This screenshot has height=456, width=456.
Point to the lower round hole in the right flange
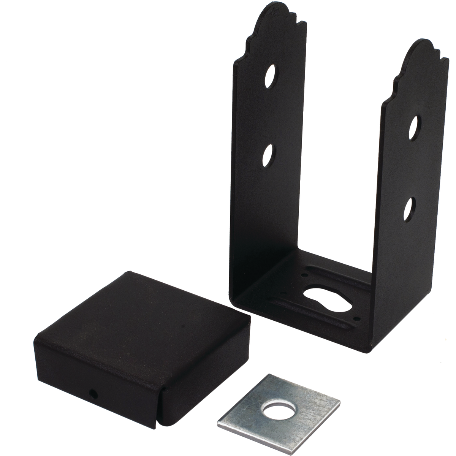[x=409, y=207]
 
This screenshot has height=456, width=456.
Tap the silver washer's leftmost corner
[x=217, y=421]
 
